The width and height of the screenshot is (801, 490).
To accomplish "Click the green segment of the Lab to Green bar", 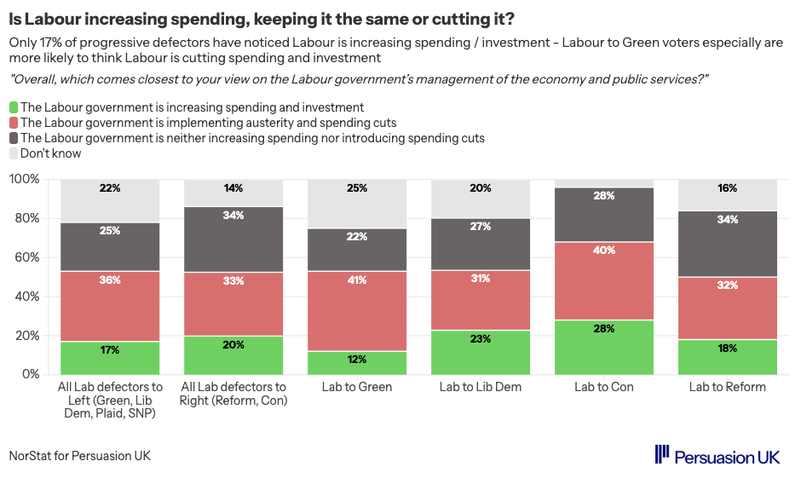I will [x=357, y=363].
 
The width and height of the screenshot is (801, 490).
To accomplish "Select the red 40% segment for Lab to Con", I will [x=604, y=281].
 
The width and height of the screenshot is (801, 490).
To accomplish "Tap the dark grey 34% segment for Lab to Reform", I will [x=728, y=244].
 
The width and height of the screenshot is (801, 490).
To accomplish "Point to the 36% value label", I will [x=110, y=280].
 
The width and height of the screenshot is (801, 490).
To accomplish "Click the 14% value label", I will [x=233, y=188].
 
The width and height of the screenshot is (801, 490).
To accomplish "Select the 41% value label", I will [x=357, y=280].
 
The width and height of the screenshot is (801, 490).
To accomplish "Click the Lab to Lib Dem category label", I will [x=481, y=387].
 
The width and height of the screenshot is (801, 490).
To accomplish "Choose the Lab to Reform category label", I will [x=728, y=387].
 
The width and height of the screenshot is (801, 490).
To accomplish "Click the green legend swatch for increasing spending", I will [x=14, y=108].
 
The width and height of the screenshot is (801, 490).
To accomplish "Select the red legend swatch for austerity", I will [x=14, y=124].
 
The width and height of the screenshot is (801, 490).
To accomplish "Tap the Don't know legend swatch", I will [x=14, y=154].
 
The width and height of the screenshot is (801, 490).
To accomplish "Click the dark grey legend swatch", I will [x=14, y=139].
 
